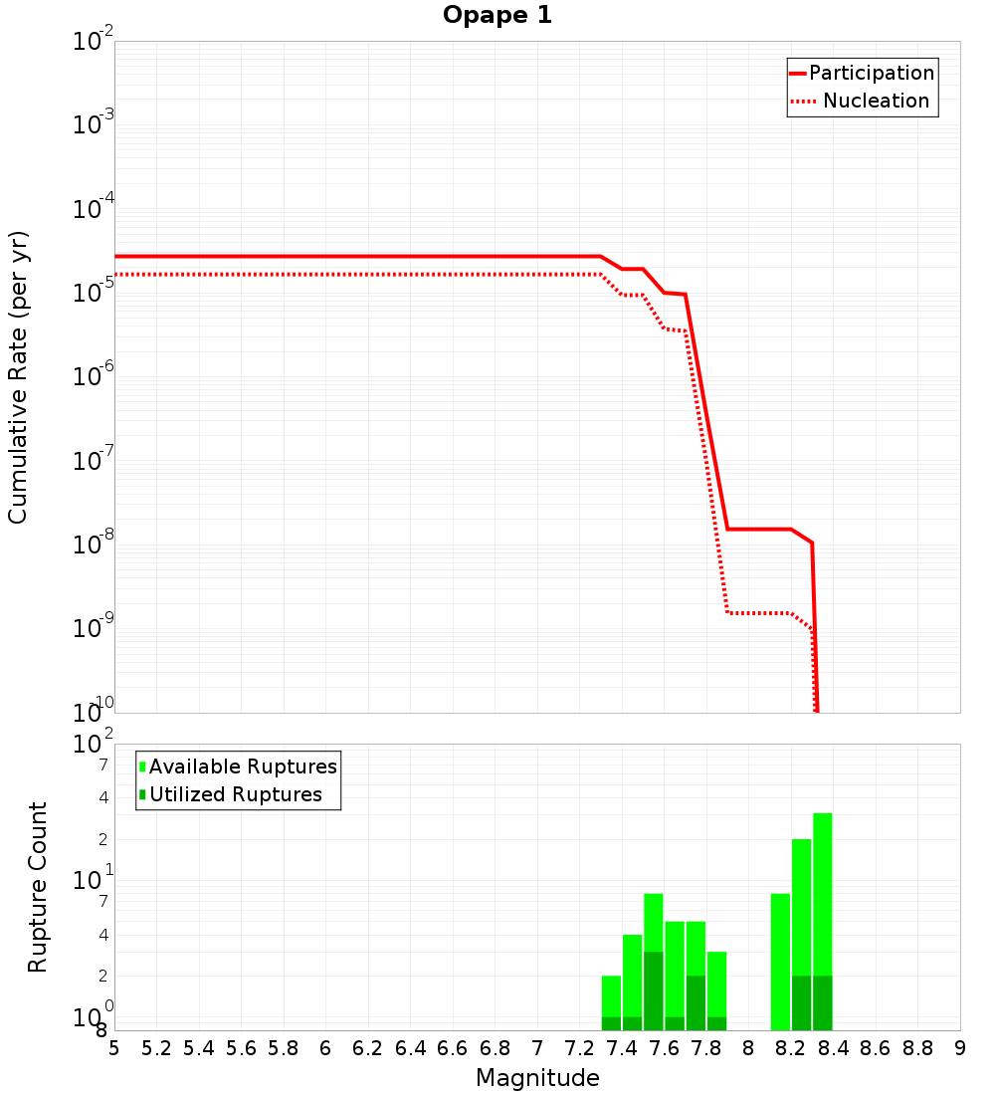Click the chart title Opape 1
[497, 16]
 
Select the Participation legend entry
[862, 73]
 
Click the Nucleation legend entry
[862, 101]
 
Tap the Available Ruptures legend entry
[238, 766]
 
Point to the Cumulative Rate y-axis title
[18, 376]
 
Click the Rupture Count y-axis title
[38, 887]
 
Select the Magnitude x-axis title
[537, 1078]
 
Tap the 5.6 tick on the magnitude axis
[241, 1048]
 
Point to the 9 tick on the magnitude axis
[960, 1048]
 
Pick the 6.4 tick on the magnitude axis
[410, 1048]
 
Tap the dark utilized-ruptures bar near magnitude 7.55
[654, 990]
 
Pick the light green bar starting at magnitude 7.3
[611, 995]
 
